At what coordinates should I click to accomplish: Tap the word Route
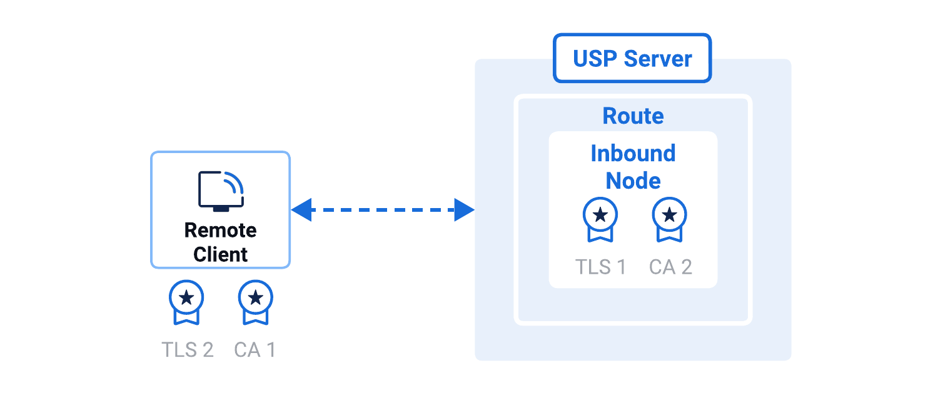633,116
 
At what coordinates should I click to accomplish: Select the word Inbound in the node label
633,153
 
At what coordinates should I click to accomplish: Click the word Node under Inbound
633,181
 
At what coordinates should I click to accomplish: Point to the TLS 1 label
600,267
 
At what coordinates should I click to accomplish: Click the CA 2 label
670,267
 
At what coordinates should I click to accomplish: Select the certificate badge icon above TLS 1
600,219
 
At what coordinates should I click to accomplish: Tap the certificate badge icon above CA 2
670,219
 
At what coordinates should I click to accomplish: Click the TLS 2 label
188,349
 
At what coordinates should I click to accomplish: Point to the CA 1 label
255,349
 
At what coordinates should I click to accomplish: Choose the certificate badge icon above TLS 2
186,302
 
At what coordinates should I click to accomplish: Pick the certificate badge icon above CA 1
255,302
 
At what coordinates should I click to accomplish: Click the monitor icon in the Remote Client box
221,191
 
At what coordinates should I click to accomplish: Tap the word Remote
221,231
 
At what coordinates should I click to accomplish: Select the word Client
221,254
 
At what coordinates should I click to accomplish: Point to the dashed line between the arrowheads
383,210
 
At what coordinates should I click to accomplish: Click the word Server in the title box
658,59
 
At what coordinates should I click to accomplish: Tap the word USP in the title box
593,59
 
